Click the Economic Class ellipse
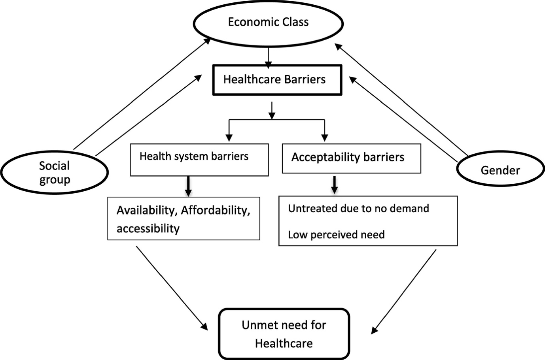click(x=268, y=22)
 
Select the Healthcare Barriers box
click(x=277, y=80)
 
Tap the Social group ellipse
click(x=54, y=173)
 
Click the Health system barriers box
click(x=199, y=159)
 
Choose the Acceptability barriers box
click(x=351, y=158)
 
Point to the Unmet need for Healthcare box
click(x=284, y=334)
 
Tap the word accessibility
click(x=148, y=228)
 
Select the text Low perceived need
click(x=336, y=235)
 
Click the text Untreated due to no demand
click(x=358, y=208)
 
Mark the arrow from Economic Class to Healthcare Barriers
click(x=268, y=57)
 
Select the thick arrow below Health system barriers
click(x=188, y=186)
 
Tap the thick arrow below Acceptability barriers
click(x=334, y=185)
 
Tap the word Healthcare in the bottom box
click(x=284, y=343)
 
